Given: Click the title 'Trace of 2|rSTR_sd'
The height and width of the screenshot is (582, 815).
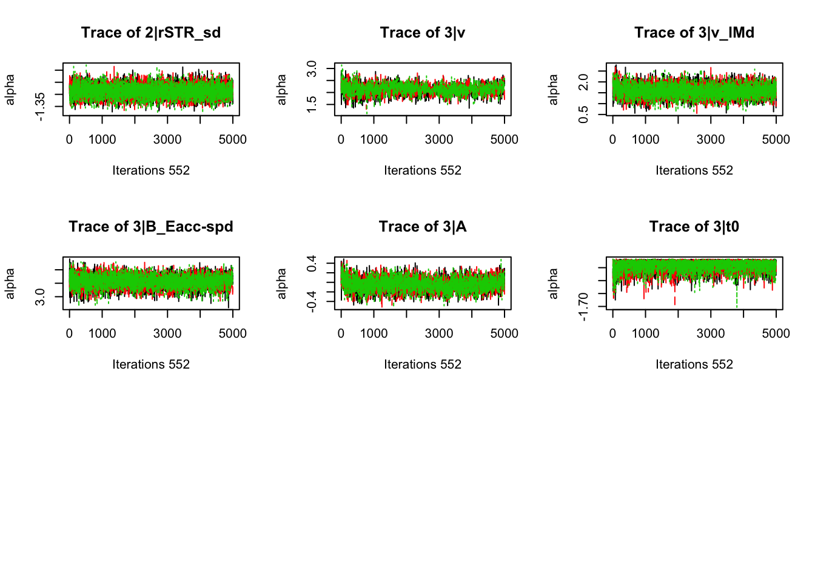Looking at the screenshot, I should tap(151, 33).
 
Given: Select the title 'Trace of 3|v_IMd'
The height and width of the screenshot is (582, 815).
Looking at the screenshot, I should tap(694, 33).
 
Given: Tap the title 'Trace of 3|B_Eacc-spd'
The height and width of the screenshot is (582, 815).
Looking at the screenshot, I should tap(151, 227).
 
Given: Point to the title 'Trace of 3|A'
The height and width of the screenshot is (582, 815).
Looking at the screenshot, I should tap(423, 227).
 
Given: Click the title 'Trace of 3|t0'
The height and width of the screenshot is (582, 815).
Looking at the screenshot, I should tap(694, 227).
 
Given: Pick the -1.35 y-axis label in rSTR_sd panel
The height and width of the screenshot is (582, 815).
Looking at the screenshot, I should tap(40, 107).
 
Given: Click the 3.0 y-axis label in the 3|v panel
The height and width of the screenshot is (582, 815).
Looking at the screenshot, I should tap(312, 69).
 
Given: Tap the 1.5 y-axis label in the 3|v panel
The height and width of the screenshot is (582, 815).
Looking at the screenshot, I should tap(312, 104).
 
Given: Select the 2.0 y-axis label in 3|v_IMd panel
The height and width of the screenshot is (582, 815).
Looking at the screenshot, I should tap(583, 82).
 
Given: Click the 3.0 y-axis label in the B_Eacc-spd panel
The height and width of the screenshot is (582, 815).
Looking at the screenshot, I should tap(40, 296).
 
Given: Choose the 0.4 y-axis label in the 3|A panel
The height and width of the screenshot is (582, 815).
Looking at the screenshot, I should tap(312, 264).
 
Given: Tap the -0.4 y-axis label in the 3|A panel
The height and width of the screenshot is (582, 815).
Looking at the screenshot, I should tap(312, 301).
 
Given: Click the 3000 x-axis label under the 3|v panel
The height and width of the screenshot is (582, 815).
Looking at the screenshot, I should tap(439, 139).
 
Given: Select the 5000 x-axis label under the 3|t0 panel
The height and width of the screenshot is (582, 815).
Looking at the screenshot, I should tap(776, 333).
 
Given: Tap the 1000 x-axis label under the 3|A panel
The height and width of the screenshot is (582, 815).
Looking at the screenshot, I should tap(374, 333).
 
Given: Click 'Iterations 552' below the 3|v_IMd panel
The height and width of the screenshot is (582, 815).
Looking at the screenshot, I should tap(694, 170).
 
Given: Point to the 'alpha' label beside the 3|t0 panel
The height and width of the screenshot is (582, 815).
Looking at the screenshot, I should tap(553, 283).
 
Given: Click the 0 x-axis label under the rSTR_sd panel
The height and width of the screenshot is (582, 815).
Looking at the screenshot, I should tap(69, 139).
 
